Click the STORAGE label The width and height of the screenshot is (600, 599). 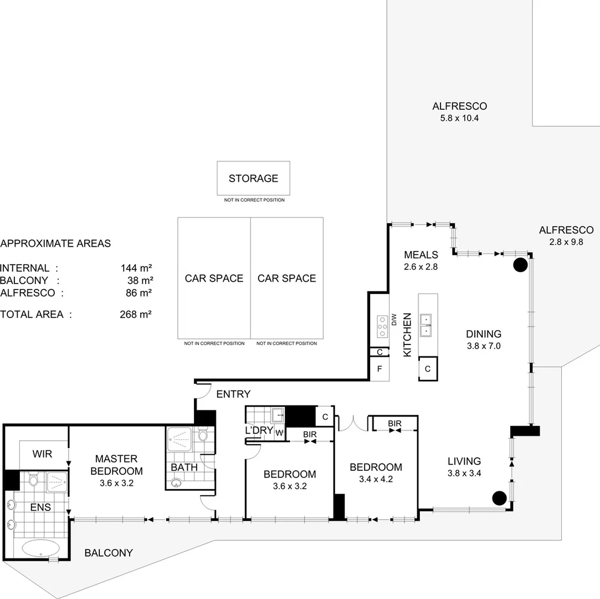253,179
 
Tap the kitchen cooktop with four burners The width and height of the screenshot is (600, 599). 382,327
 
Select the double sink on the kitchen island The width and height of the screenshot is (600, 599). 427,325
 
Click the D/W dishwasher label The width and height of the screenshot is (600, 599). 394,320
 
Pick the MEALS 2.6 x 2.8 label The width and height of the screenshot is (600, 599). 421,260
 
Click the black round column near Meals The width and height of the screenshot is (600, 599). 520,265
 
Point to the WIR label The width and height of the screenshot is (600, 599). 42,454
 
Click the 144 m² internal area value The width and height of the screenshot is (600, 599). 136,268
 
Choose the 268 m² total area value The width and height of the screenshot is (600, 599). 136,314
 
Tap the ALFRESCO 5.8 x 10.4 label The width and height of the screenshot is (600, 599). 459,111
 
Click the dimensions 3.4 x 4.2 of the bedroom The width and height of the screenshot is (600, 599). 376,480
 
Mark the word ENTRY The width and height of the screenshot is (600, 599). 233,394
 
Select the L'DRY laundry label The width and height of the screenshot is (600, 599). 259,430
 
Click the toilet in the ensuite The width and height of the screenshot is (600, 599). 33,480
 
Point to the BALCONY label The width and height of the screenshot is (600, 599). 109,553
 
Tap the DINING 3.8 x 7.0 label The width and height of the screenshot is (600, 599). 483,340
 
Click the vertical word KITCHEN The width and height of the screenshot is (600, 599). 407,334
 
